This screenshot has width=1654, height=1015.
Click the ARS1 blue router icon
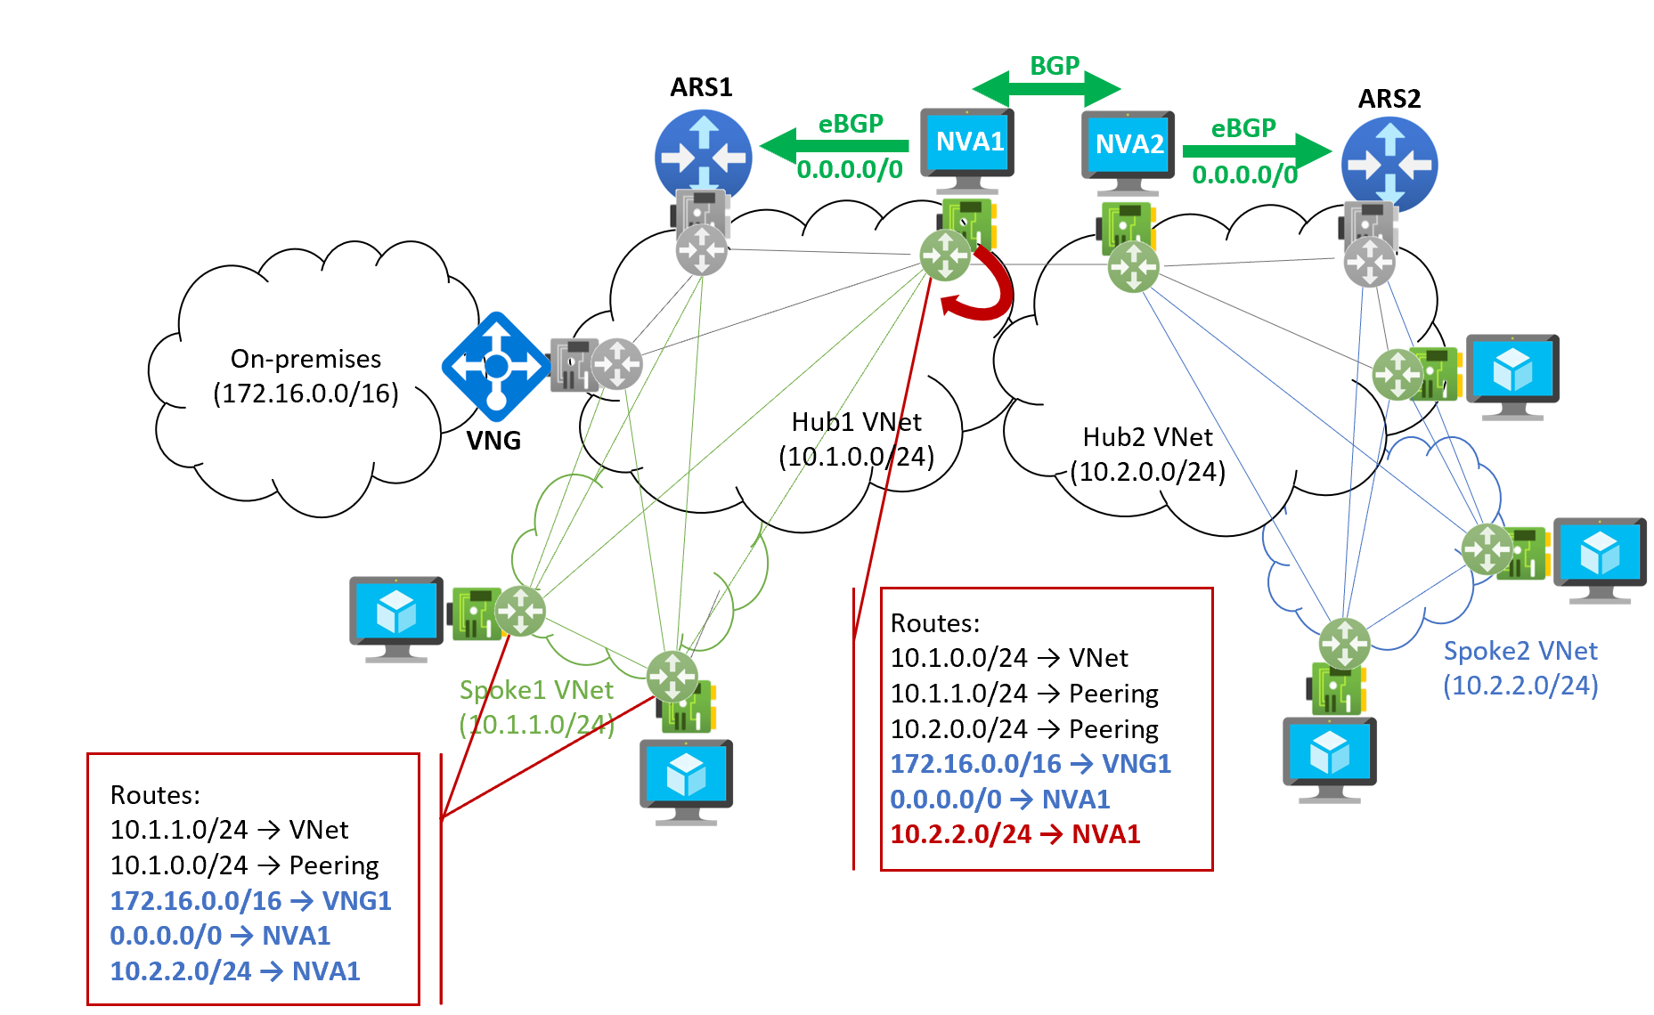(703, 157)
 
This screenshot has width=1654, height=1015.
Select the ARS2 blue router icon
(1389, 164)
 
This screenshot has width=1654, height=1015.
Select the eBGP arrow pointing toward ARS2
(1256, 150)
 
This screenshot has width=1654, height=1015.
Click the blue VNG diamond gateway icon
(496, 366)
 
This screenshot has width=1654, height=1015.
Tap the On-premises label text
(306, 359)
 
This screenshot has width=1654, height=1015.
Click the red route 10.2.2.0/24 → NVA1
(1015, 834)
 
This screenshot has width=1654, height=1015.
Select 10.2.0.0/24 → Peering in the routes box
(1024, 729)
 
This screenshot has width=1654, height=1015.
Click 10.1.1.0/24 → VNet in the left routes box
(229, 830)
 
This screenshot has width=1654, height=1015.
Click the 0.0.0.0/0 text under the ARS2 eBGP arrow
(1244, 175)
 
